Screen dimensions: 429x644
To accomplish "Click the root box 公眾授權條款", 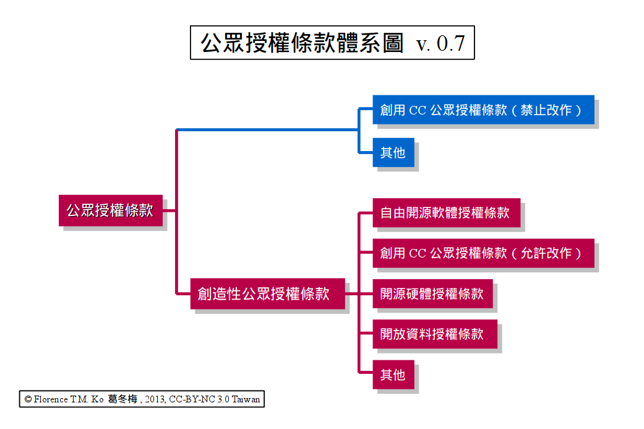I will point(111,210).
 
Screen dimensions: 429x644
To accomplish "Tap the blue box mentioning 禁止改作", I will point(483,110).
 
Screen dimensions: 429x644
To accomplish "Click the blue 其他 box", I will point(393,152).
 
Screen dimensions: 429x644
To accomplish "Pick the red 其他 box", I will point(393,375).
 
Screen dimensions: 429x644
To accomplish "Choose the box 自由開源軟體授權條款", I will point(446,213).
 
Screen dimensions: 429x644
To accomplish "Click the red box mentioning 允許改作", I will point(483,253).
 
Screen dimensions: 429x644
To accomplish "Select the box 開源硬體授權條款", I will point(432,293).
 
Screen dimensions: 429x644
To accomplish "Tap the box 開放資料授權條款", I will point(432,334).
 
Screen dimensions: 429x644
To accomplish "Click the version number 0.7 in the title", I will point(450,43).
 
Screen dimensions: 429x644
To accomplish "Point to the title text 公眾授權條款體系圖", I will point(302,43).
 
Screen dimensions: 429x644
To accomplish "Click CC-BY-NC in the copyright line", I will point(190,400).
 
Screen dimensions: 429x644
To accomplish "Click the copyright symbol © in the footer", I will point(28,400).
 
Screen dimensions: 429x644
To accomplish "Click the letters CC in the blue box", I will point(418,111).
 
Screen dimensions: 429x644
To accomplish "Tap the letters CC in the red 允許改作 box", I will point(418,254).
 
